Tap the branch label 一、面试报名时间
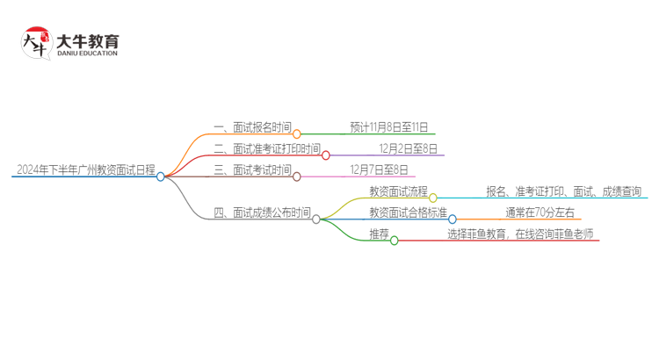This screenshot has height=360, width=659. coord(252,127)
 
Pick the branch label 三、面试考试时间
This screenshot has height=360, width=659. coord(252,169)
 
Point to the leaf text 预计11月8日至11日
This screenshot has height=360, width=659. coord(387,127)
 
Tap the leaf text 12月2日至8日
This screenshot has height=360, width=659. coord(409,148)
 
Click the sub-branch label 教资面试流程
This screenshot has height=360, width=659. coord(397,191)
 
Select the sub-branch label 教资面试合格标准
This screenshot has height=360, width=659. coord(408,212)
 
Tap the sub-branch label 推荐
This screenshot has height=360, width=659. coord(379,234)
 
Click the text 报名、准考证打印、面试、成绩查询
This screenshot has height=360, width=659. coord(563,191)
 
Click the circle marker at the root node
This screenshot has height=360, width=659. coord(161,176)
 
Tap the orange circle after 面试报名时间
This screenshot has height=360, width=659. coord(297,134)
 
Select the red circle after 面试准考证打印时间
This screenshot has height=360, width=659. coord(326,155)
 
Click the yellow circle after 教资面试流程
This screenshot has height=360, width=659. coord(432,198)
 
